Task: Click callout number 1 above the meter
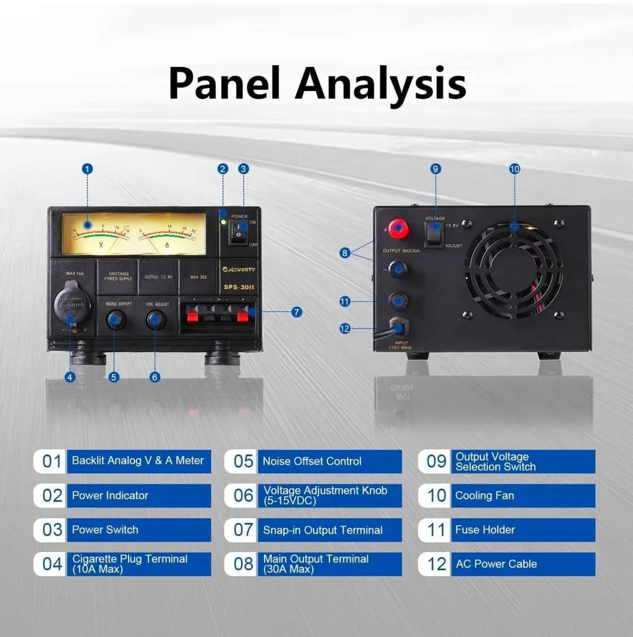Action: (x=87, y=169)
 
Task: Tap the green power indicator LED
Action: (x=225, y=220)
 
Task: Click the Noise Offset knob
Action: (x=115, y=320)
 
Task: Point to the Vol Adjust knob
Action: (x=156, y=320)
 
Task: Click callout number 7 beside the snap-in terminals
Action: (x=296, y=311)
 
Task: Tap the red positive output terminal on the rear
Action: (x=398, y=230)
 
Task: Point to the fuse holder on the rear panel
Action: (x=398, y=301)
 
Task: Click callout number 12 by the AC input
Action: (x=345, y=328)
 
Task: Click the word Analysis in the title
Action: (x=380, y=84)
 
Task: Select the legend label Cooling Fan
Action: (x=485, y=496)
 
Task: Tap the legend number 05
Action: (x=243, y=461)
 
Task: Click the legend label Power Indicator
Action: (x=110, y=496)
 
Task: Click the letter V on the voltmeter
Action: (x=101, y=244)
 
